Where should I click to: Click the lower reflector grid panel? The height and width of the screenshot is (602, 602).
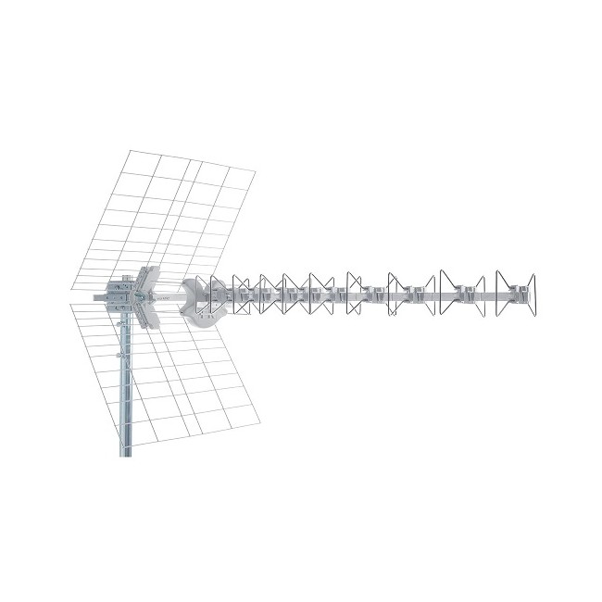(176, 375)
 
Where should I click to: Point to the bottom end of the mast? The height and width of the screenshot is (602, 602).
(126, 454)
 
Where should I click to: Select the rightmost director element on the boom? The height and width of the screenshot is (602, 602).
(516, 294)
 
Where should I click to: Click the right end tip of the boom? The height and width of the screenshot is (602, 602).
(532, 296)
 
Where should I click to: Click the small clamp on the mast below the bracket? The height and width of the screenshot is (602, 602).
(120, 353)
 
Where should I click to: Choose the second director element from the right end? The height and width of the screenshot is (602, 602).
(461, 294)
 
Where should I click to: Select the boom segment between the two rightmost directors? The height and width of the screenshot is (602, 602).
(489, 296)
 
